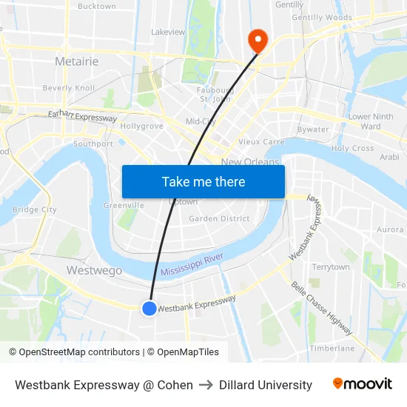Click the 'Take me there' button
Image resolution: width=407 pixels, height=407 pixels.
(203, 182)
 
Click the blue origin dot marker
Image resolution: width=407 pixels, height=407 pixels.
(149, 308)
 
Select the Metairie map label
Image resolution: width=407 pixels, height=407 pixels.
(76, 61)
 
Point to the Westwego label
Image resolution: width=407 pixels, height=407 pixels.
(94, 270)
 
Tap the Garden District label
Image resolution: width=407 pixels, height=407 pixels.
(219, 218)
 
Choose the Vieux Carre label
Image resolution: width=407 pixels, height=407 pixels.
(261, 141)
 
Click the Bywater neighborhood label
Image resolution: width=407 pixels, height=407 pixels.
(312, 129)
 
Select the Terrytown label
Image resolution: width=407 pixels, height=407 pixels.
(331, 266)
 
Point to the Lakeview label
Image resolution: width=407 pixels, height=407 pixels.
(168, 32)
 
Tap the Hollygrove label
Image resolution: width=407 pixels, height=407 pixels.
(141, 126)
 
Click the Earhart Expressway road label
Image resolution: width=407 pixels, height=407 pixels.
(83, 116)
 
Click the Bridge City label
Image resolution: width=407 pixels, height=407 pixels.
(35, 209)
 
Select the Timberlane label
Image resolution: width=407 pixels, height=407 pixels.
(332, 348)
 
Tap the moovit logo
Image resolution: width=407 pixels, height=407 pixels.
(363, 384)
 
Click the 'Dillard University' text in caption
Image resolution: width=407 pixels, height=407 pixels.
(266, 385)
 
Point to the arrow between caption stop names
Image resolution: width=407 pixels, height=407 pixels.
(206, 385)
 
